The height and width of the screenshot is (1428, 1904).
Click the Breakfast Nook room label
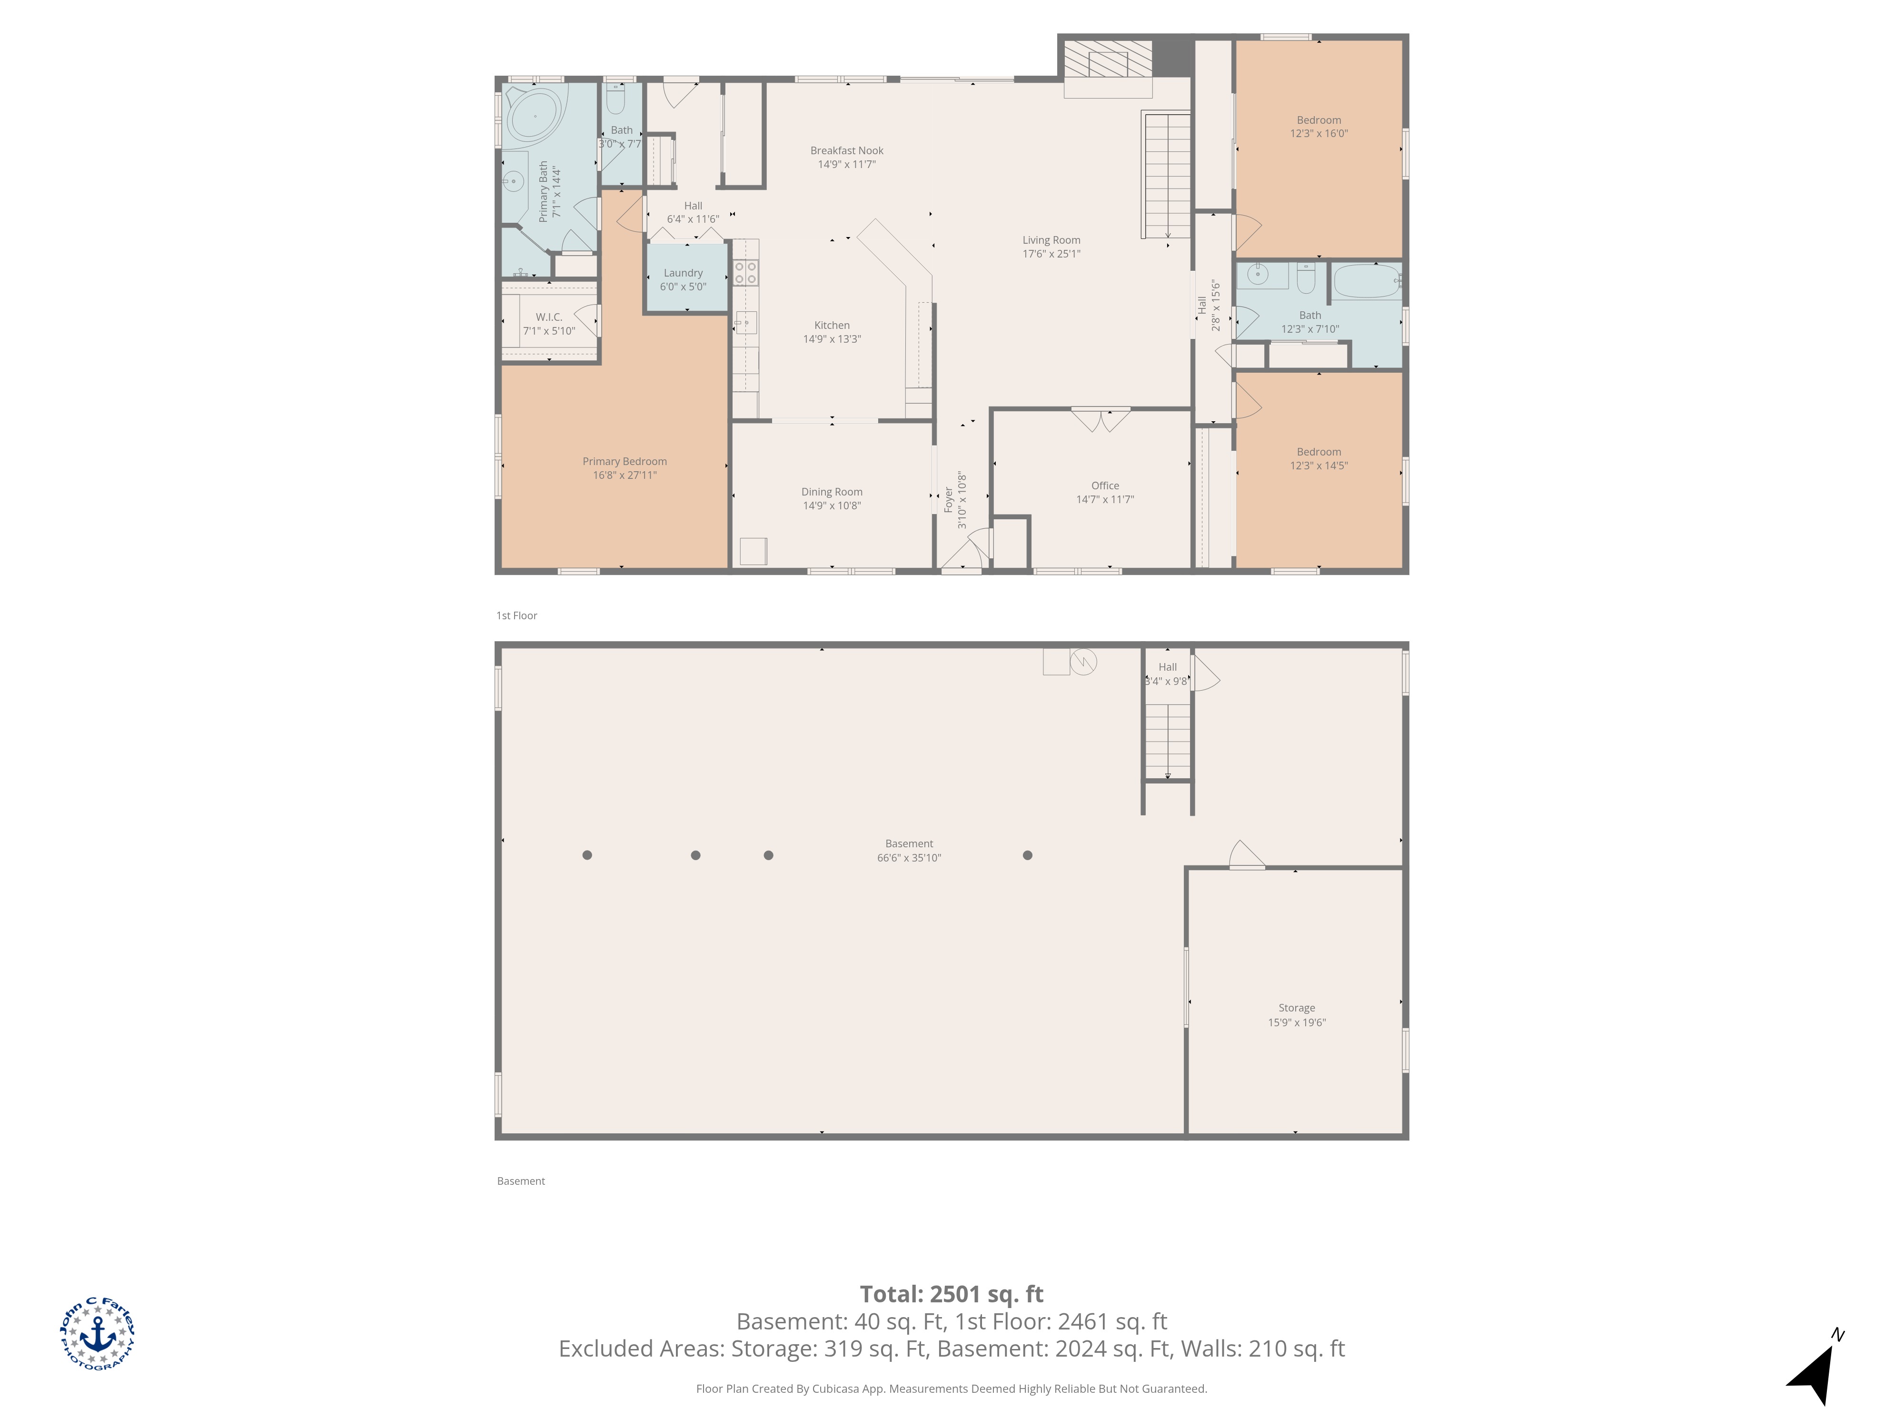coord(847,150)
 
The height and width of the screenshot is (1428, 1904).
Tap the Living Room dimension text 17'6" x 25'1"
coord(1051,254)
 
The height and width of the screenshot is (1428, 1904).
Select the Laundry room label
coord(684,273)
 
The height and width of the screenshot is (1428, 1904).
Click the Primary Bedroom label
coord(625,461)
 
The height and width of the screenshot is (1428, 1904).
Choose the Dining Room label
coord(832,492)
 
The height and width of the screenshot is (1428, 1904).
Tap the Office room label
coord(1105,486)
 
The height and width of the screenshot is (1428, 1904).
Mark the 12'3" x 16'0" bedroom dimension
coord(1319,133)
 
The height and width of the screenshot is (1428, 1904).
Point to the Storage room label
coord(1296,1008)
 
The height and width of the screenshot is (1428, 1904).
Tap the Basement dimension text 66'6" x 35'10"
coord(909,857)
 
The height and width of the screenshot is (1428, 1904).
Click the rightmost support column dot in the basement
coord(1027,855)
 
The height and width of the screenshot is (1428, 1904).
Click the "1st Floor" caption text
coord(516,615)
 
